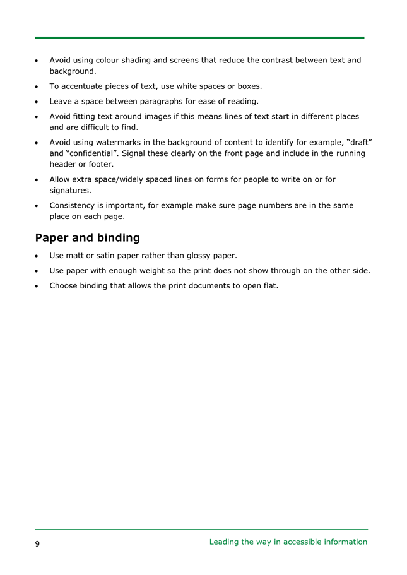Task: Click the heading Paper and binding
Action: (87, 238)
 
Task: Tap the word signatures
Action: (69, 190)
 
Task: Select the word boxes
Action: (249, 86)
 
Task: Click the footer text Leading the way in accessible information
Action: (288, 542)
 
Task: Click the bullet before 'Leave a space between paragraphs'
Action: (37, 102)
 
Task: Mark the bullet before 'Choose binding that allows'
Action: (37, 286)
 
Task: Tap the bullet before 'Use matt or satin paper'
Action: (37, 256)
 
